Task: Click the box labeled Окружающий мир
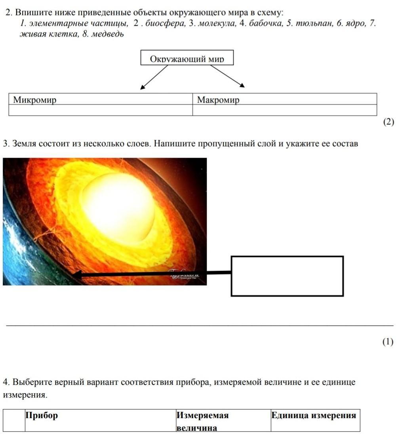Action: click(x=187, y=58)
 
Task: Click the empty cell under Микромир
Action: click(x=101, y=110)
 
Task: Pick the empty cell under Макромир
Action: click(x=284, y=110)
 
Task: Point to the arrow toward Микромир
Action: click(x=154, y=77)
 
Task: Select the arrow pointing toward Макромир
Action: click(x=227, y=76)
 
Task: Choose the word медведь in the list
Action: click(x=108, y=34)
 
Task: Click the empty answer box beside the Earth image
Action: click(x=287, y=276)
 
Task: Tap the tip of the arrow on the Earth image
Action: click(x=74, y=274)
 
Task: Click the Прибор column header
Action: click(x=42, y=415)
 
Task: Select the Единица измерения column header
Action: click(x=314, y=415)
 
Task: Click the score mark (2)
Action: click(x=389, y=122)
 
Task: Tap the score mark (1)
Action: click(x=388, y=342)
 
